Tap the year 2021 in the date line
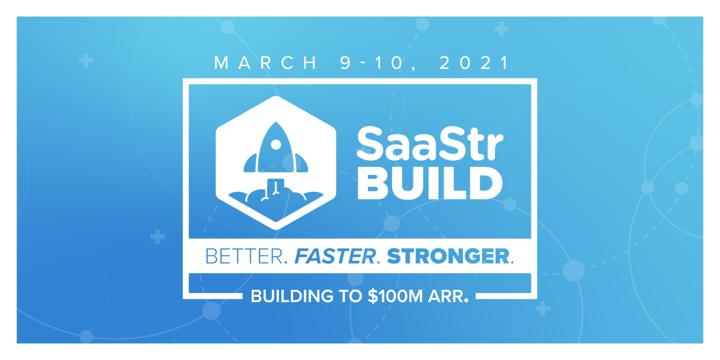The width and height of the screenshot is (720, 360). (x=473, y=63)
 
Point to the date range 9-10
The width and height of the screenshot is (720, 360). (x=372, y=63)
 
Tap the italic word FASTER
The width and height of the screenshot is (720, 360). (x=334, y=256)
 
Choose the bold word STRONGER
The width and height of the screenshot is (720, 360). (x=447, y=256)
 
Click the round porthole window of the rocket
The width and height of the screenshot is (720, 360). (x=275, y=144)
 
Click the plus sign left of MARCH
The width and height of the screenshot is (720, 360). (x=86, y=61)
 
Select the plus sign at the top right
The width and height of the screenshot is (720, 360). (x=501, y=29)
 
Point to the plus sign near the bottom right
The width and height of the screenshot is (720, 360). (x=542, y=309)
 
